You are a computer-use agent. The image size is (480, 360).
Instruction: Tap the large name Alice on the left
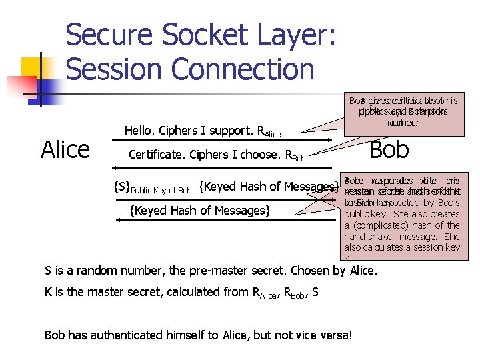tap(65, 149)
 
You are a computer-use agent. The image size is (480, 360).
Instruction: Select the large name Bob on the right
tap(389, 149)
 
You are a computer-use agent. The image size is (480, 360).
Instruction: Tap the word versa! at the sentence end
tap(333, 335)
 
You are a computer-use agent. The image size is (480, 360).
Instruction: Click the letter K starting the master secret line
tap(49, 291)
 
